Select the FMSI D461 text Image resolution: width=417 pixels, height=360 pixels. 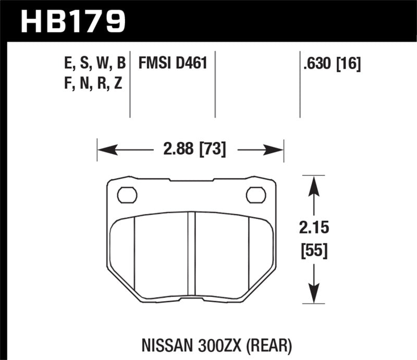click(x=173, y=64)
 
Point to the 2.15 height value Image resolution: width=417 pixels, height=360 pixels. click(x=313, y=228)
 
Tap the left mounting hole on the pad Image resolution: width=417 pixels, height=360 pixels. click(x=126, y=194)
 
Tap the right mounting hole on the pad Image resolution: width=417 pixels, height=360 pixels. click(x=255, y=194)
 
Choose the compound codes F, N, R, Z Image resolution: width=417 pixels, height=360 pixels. click(x=92, y=83)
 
